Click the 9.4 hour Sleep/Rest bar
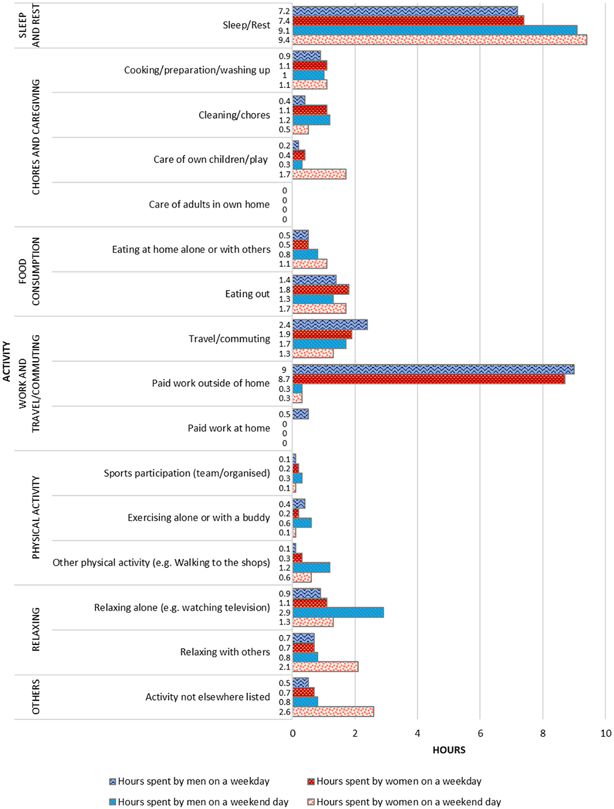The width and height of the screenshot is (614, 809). [x=439, y=40]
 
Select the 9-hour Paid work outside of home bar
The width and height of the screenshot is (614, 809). [x=434, y=370]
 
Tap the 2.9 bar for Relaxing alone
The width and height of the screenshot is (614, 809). [x=338, y=612]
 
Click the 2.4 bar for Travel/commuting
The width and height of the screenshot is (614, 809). [x=330, y=325]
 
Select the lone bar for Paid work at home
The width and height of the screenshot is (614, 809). [x=301, y=414]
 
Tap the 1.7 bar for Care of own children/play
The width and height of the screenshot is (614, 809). [x=319, y=174]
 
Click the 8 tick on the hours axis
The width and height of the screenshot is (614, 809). [x=543, y=733]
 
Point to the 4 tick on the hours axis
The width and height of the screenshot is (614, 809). [x=418, y=733]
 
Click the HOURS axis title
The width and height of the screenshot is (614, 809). [x=449, y=750]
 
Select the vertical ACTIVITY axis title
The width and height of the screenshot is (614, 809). [x=6, y=362]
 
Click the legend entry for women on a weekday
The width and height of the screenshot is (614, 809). [x=395, y=781]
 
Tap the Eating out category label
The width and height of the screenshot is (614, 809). [x=247, y=294]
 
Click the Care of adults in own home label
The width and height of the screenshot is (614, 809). [x=209, y=205]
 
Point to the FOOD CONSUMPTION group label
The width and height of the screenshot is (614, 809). [x=29, y=271]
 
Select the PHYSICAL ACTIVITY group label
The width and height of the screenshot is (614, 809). [x=36, y=517]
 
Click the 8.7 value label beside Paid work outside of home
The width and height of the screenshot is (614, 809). [x=285, y=379]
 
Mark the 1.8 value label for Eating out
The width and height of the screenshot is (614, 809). [x=285, y=290]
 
